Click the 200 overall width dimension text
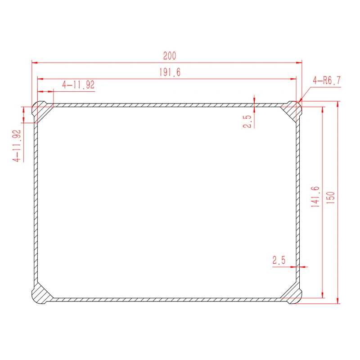[170, 56]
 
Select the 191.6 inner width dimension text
[170, 72]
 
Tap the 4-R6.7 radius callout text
[327, 81]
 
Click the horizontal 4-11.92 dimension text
[78, 85]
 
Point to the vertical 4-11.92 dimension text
[17, 146]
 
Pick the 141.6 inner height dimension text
[315, 197]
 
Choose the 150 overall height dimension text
[330, 198]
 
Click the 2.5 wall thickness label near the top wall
[247, 121]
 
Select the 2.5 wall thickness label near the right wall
[279, 260]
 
